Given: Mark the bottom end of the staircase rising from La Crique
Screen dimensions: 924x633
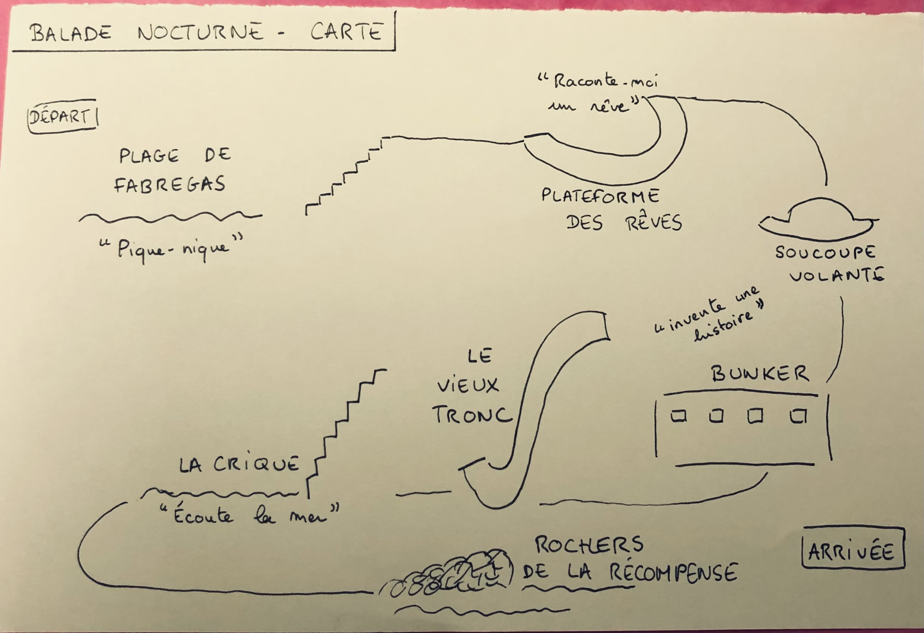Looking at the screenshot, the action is pos(308,497).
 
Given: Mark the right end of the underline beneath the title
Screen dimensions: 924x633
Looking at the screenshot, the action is pos(394,50).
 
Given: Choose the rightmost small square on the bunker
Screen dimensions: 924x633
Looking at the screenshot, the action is pos(798,416).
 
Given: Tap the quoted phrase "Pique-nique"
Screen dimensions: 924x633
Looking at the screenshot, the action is pos(171,249).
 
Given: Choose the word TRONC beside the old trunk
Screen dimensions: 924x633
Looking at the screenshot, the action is pos(472,415).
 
